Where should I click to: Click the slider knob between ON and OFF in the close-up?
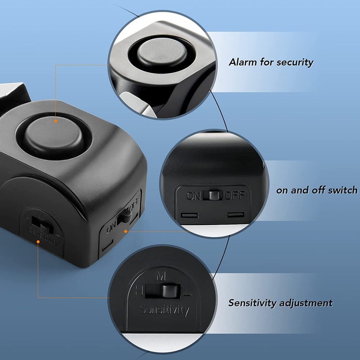click(x=214, y=195)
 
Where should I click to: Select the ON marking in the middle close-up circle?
click(x=193, y=196)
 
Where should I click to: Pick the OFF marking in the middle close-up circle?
click(x=235, y=195)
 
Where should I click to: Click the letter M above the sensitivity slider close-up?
click(x=161, y=276)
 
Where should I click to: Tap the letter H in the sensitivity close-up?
click(x=139, y=291)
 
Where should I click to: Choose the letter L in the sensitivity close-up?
click(x=187, y=291)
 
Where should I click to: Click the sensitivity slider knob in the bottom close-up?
click(x=170, y=291)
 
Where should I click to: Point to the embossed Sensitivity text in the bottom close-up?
click(x=165, y=310)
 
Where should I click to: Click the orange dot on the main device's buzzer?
click(x=55, y=121)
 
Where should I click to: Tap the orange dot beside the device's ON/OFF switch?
click(x=126, y=231)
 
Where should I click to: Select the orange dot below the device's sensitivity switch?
click(x=38, y=242)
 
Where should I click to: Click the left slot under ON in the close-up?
click(x=189, y=216)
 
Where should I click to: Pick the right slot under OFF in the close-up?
click(x=236, y=215)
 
